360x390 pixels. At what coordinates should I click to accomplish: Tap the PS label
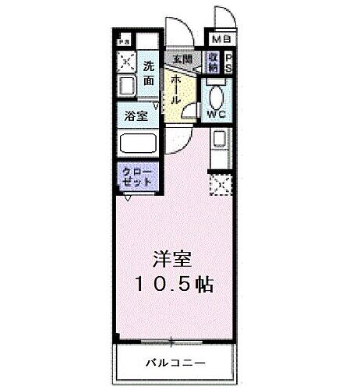229,62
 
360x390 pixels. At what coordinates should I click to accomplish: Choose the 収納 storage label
214,61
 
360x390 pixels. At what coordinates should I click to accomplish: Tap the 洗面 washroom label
149,73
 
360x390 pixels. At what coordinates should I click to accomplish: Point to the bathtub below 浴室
138,143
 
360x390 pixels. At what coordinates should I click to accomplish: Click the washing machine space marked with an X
126,62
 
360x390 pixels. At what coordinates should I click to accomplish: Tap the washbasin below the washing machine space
126,84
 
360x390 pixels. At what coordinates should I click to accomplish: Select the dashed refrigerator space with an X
221,186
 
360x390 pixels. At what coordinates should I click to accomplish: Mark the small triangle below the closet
127,197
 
